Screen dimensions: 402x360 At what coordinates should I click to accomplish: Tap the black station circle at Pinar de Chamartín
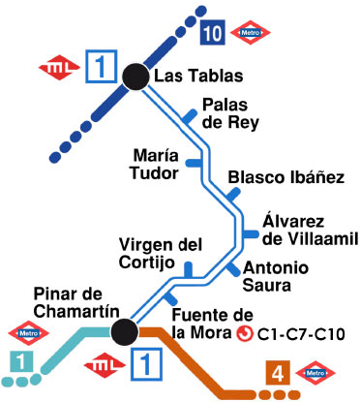pos(123,333)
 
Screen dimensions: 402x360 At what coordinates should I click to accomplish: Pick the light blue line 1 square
pos(16,361)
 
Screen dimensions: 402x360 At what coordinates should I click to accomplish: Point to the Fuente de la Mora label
pos(198,325)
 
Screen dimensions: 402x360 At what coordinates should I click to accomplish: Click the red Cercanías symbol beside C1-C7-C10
pos(246,335)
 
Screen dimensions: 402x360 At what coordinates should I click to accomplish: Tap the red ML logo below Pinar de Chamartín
pos(102,366)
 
